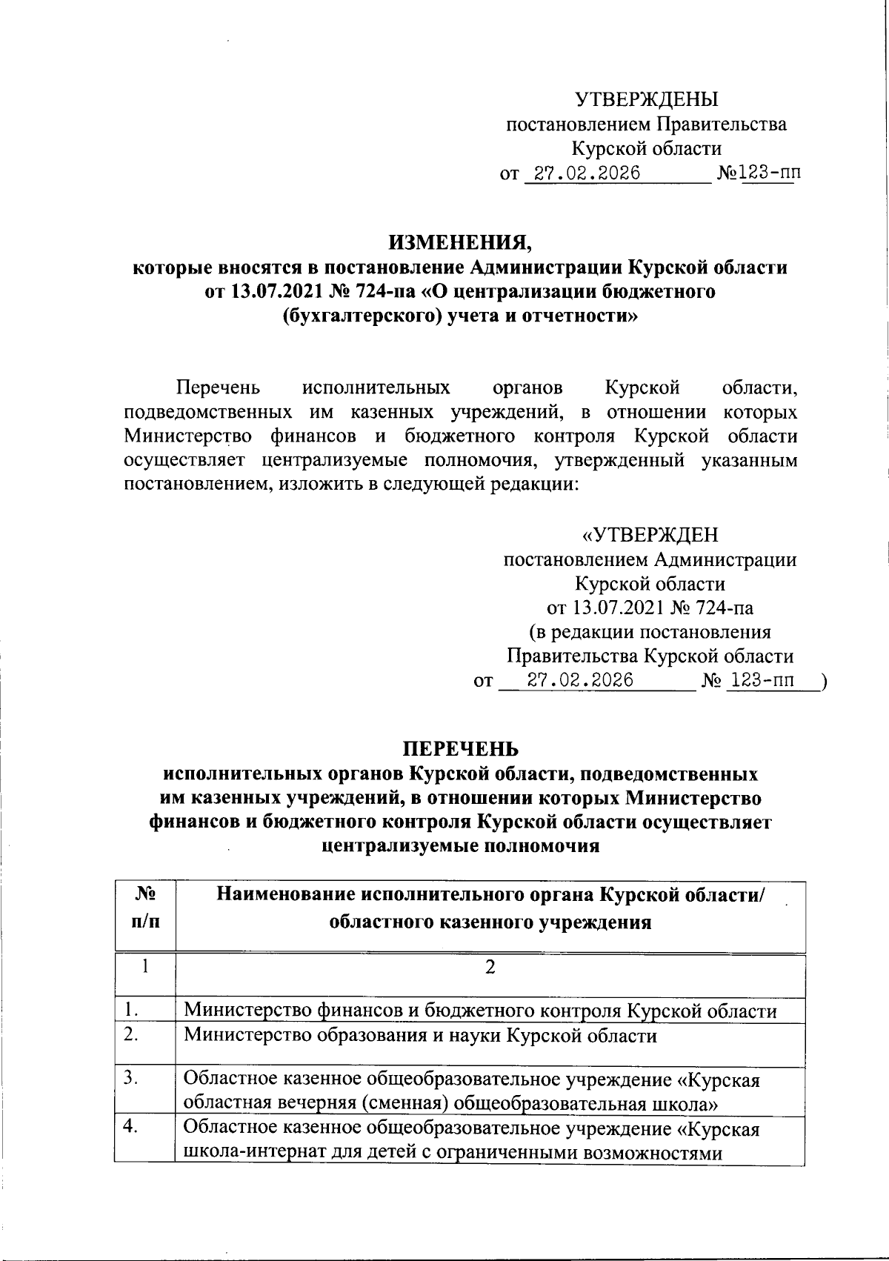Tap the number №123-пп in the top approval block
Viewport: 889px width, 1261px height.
[x=759, y=174]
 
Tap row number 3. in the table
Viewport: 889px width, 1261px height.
[x=132, y=1078]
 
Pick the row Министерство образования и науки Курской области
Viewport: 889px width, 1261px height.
[x=420, y=1035]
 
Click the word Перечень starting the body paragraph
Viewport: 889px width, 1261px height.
[x=217, y=387]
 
